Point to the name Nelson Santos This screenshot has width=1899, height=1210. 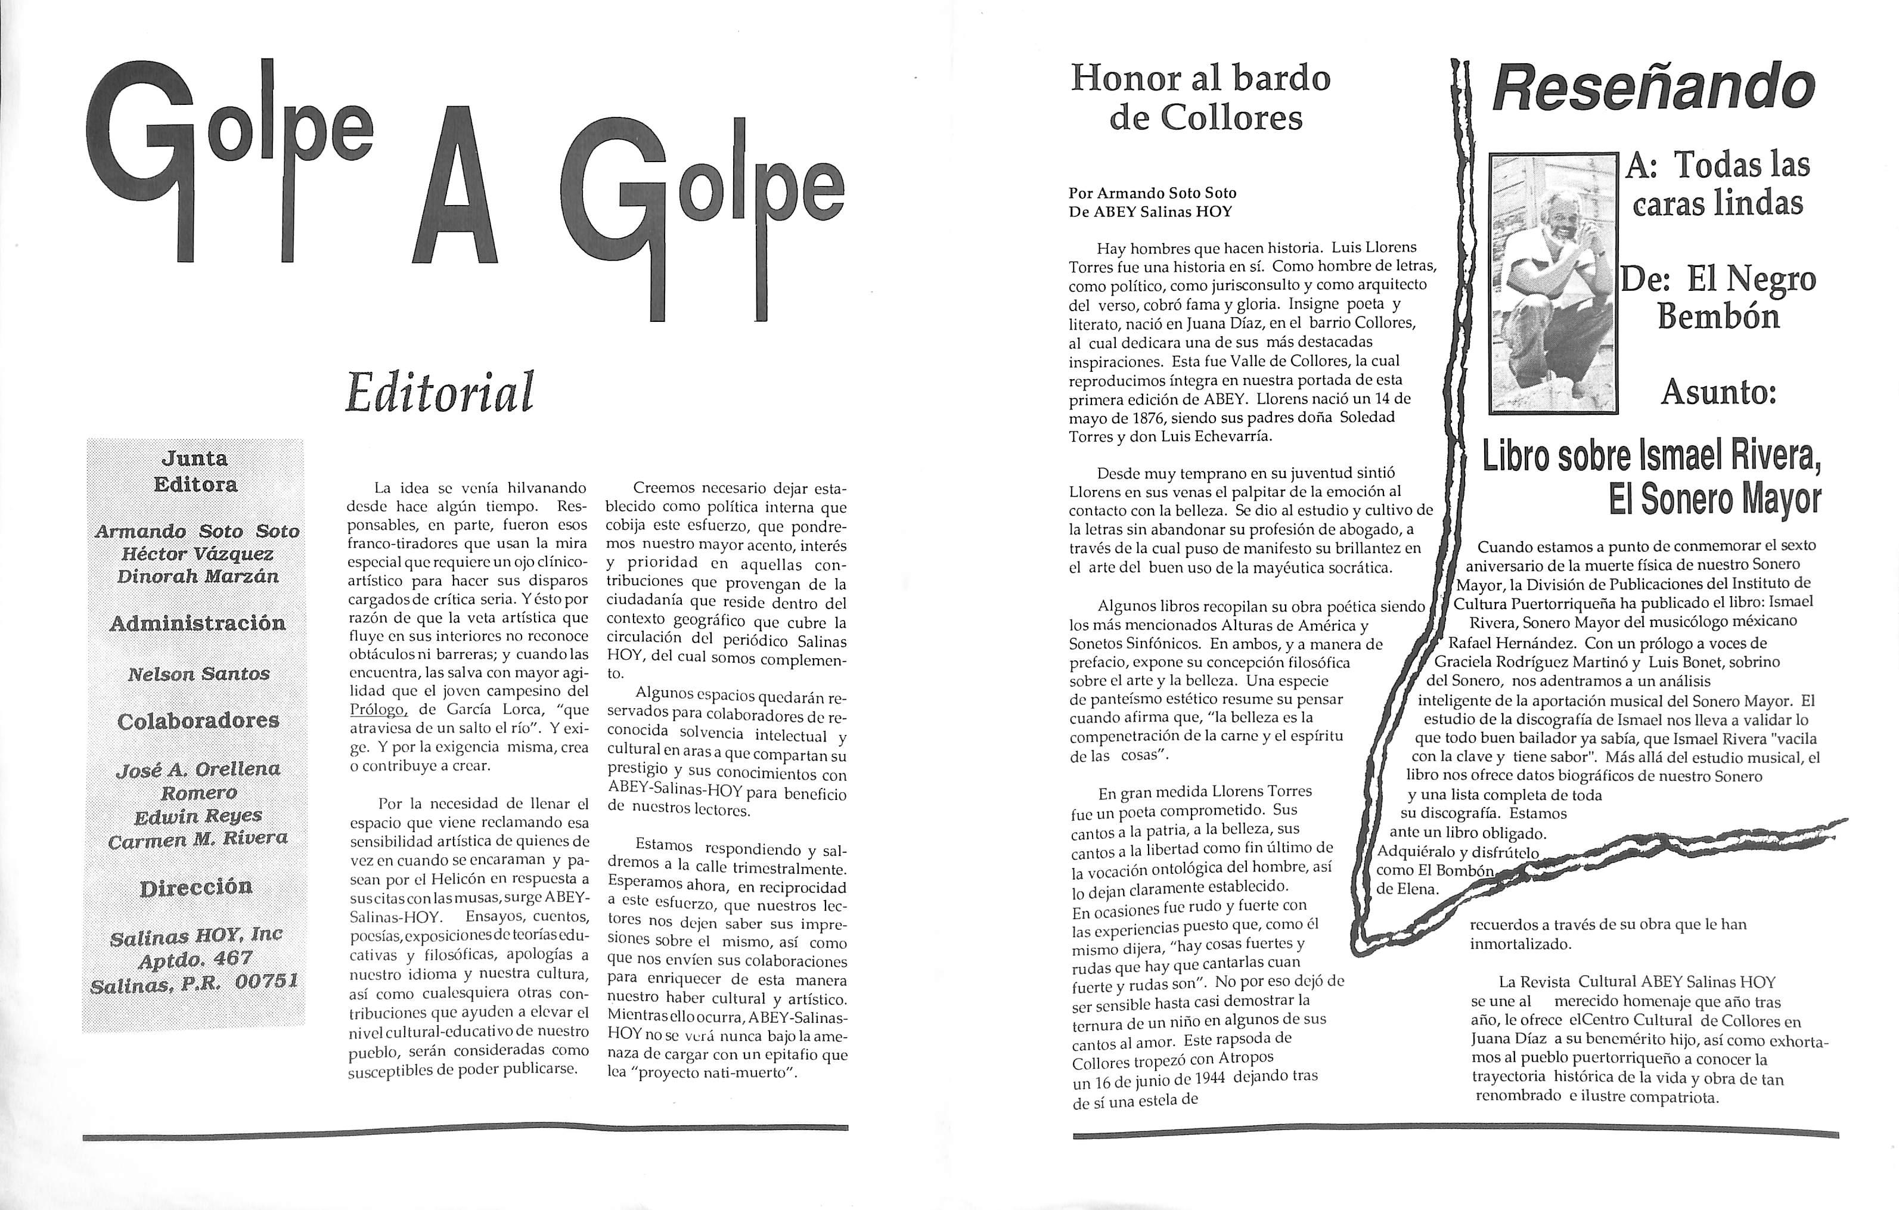point(198,674)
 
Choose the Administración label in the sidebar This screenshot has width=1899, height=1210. point(197,623)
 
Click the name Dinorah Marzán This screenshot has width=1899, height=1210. point(198,576)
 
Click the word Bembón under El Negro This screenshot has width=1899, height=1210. point(1718,317)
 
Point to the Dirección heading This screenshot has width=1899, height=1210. point(196,888)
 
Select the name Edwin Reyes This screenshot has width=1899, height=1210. point(198,815)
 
